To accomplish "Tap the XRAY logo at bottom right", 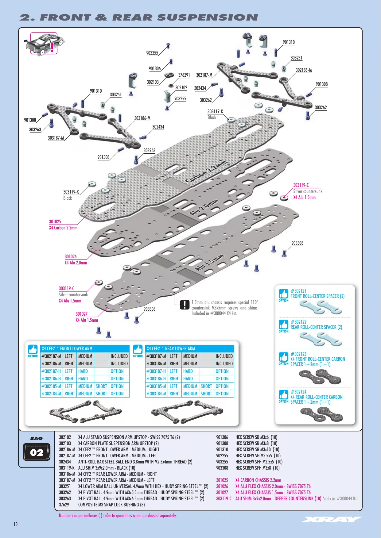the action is (331, 520).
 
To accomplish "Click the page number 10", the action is (15, 524).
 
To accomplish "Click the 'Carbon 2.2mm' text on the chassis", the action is (206, 172).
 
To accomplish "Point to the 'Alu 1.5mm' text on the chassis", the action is (209, 263).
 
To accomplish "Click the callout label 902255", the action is (152, 53).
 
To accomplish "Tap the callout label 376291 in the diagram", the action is (184, 75).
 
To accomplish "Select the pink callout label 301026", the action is (71, 257).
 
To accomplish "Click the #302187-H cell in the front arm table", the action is (52, 371).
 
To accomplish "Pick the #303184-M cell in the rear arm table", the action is (157, 394).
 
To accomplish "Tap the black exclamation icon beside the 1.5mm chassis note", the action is (185, 305).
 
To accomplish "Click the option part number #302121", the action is (298, 291).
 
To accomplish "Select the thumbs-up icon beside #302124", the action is (283, 394).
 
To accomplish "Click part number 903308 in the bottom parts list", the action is (222, 468).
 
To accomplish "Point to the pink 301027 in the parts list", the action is (222, 492).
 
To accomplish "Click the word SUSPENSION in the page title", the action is (208, 17).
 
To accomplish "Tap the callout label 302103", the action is (153, 82).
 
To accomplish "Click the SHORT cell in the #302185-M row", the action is (101, 386).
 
